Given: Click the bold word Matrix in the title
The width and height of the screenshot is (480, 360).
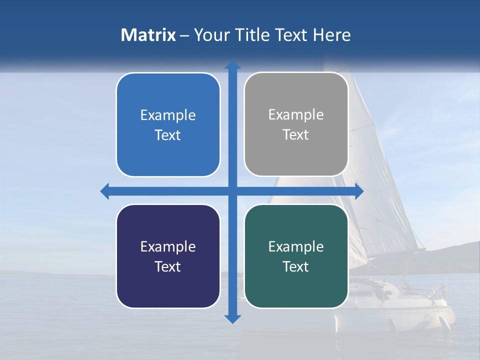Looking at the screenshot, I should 148,35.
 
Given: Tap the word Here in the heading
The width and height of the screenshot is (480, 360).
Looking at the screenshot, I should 332,35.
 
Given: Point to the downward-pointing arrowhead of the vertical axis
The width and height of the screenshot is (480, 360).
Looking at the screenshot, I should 232,319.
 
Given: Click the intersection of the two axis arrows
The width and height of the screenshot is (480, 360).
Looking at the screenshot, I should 232,191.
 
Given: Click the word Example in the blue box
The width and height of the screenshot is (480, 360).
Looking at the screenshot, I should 168,115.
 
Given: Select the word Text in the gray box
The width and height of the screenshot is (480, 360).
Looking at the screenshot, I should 296,135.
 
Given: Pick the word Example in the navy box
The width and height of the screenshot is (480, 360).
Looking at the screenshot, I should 168,246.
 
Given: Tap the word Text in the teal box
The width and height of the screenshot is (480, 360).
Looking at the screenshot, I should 296,266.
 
